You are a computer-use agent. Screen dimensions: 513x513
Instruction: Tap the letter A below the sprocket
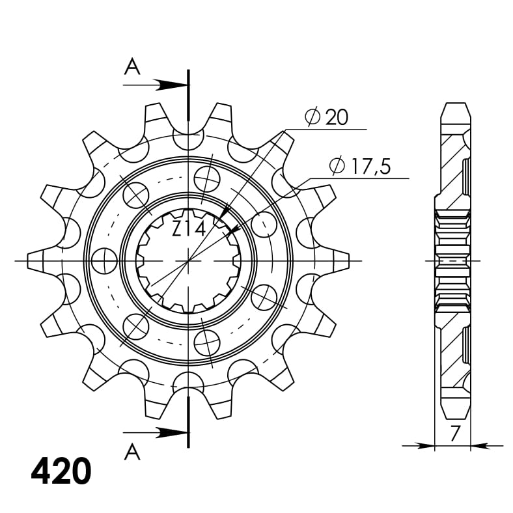pos(132,451)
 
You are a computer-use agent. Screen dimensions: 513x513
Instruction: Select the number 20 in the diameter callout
pos(336,117)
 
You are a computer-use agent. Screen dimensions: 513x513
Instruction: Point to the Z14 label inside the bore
pos(189,229)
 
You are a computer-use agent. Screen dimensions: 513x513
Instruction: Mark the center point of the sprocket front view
pos(189,260)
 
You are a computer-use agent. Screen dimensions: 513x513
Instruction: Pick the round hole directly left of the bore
pos(104,262)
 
